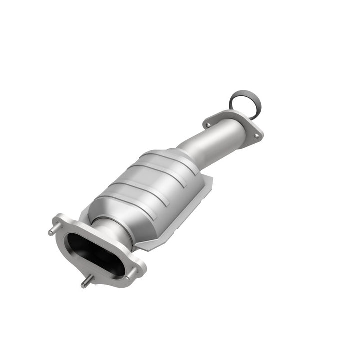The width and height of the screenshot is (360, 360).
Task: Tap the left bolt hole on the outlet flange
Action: click(207, 125)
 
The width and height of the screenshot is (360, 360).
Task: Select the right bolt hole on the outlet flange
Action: click(256, 135)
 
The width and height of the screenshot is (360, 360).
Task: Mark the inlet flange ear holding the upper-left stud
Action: click(60, 225)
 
